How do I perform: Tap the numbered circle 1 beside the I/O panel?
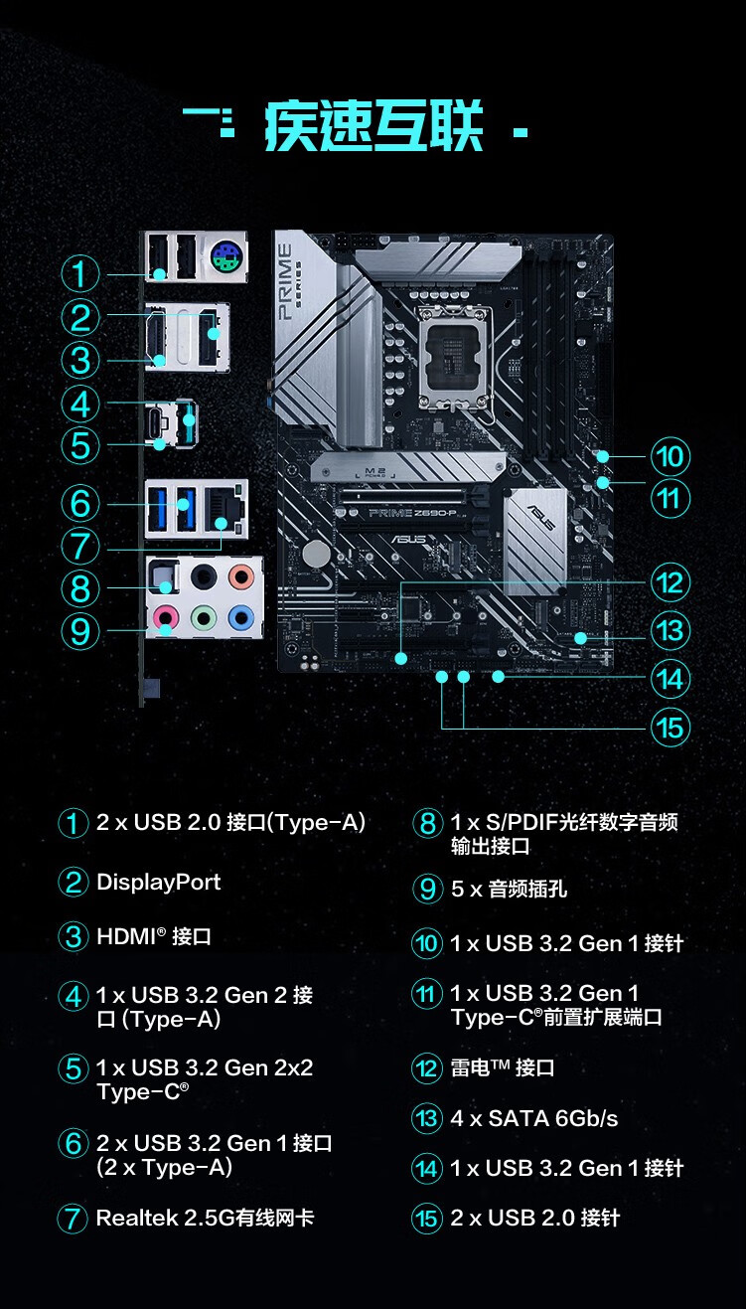80,274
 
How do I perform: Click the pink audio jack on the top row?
239,576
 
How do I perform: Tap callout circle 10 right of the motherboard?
671,456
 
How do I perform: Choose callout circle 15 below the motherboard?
671,728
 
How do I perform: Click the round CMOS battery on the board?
317,553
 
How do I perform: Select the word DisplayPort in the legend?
159,883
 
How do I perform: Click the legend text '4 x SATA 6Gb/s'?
534,1119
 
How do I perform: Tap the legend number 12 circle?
427,1069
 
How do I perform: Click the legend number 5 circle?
73,1069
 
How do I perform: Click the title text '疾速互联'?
374,127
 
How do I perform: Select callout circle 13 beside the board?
671,631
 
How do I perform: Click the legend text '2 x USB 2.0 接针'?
535,1219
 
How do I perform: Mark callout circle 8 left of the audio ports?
80,588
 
